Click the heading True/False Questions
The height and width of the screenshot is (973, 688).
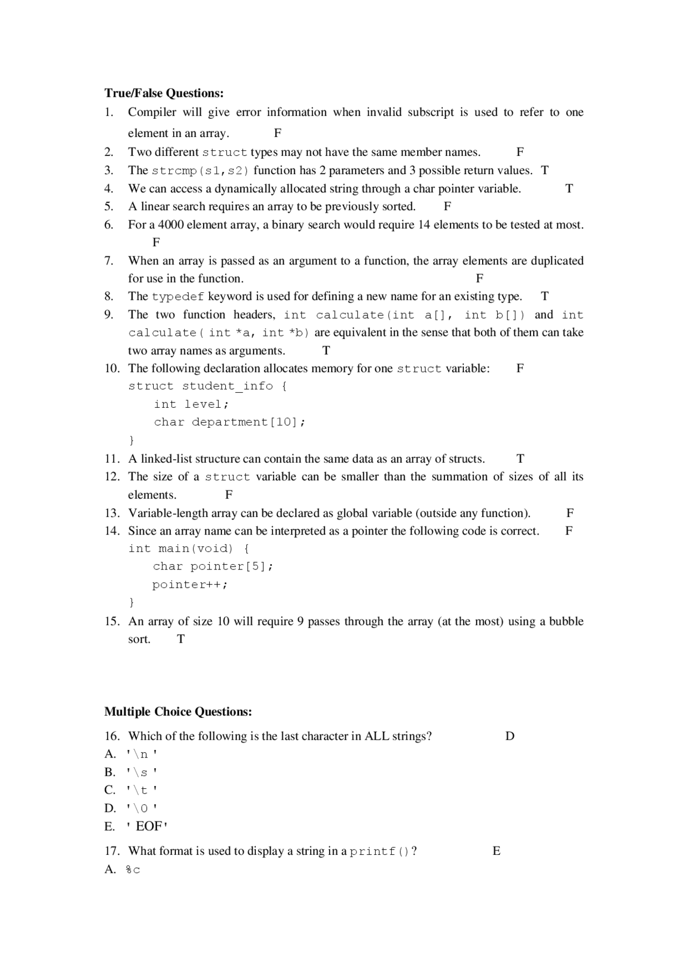(164, 93)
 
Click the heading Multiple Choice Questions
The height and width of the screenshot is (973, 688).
(178, 712)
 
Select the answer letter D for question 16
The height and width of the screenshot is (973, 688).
(510, 736)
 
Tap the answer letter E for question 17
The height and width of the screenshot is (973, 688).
(496, 851)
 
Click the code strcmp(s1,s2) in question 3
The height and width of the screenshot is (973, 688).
(200, 171)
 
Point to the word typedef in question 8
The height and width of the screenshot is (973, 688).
(178, 297)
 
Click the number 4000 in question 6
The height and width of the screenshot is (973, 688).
(171, 225)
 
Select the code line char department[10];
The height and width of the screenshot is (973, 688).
(230, 422)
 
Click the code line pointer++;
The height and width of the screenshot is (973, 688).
(190, 585)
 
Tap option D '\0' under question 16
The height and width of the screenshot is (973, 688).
(141, 809)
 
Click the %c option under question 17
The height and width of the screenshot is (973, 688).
(133, 870)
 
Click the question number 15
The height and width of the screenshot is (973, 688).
(111, 622)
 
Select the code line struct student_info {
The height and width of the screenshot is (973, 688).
(207, 386)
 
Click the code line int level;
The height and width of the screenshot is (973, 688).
(191, 405)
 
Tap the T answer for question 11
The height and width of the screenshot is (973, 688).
(520, 459)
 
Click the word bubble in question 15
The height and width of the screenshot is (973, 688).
(566, 622)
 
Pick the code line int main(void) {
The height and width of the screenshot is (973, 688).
(189, 549)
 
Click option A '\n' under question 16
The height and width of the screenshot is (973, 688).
(141, 754)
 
